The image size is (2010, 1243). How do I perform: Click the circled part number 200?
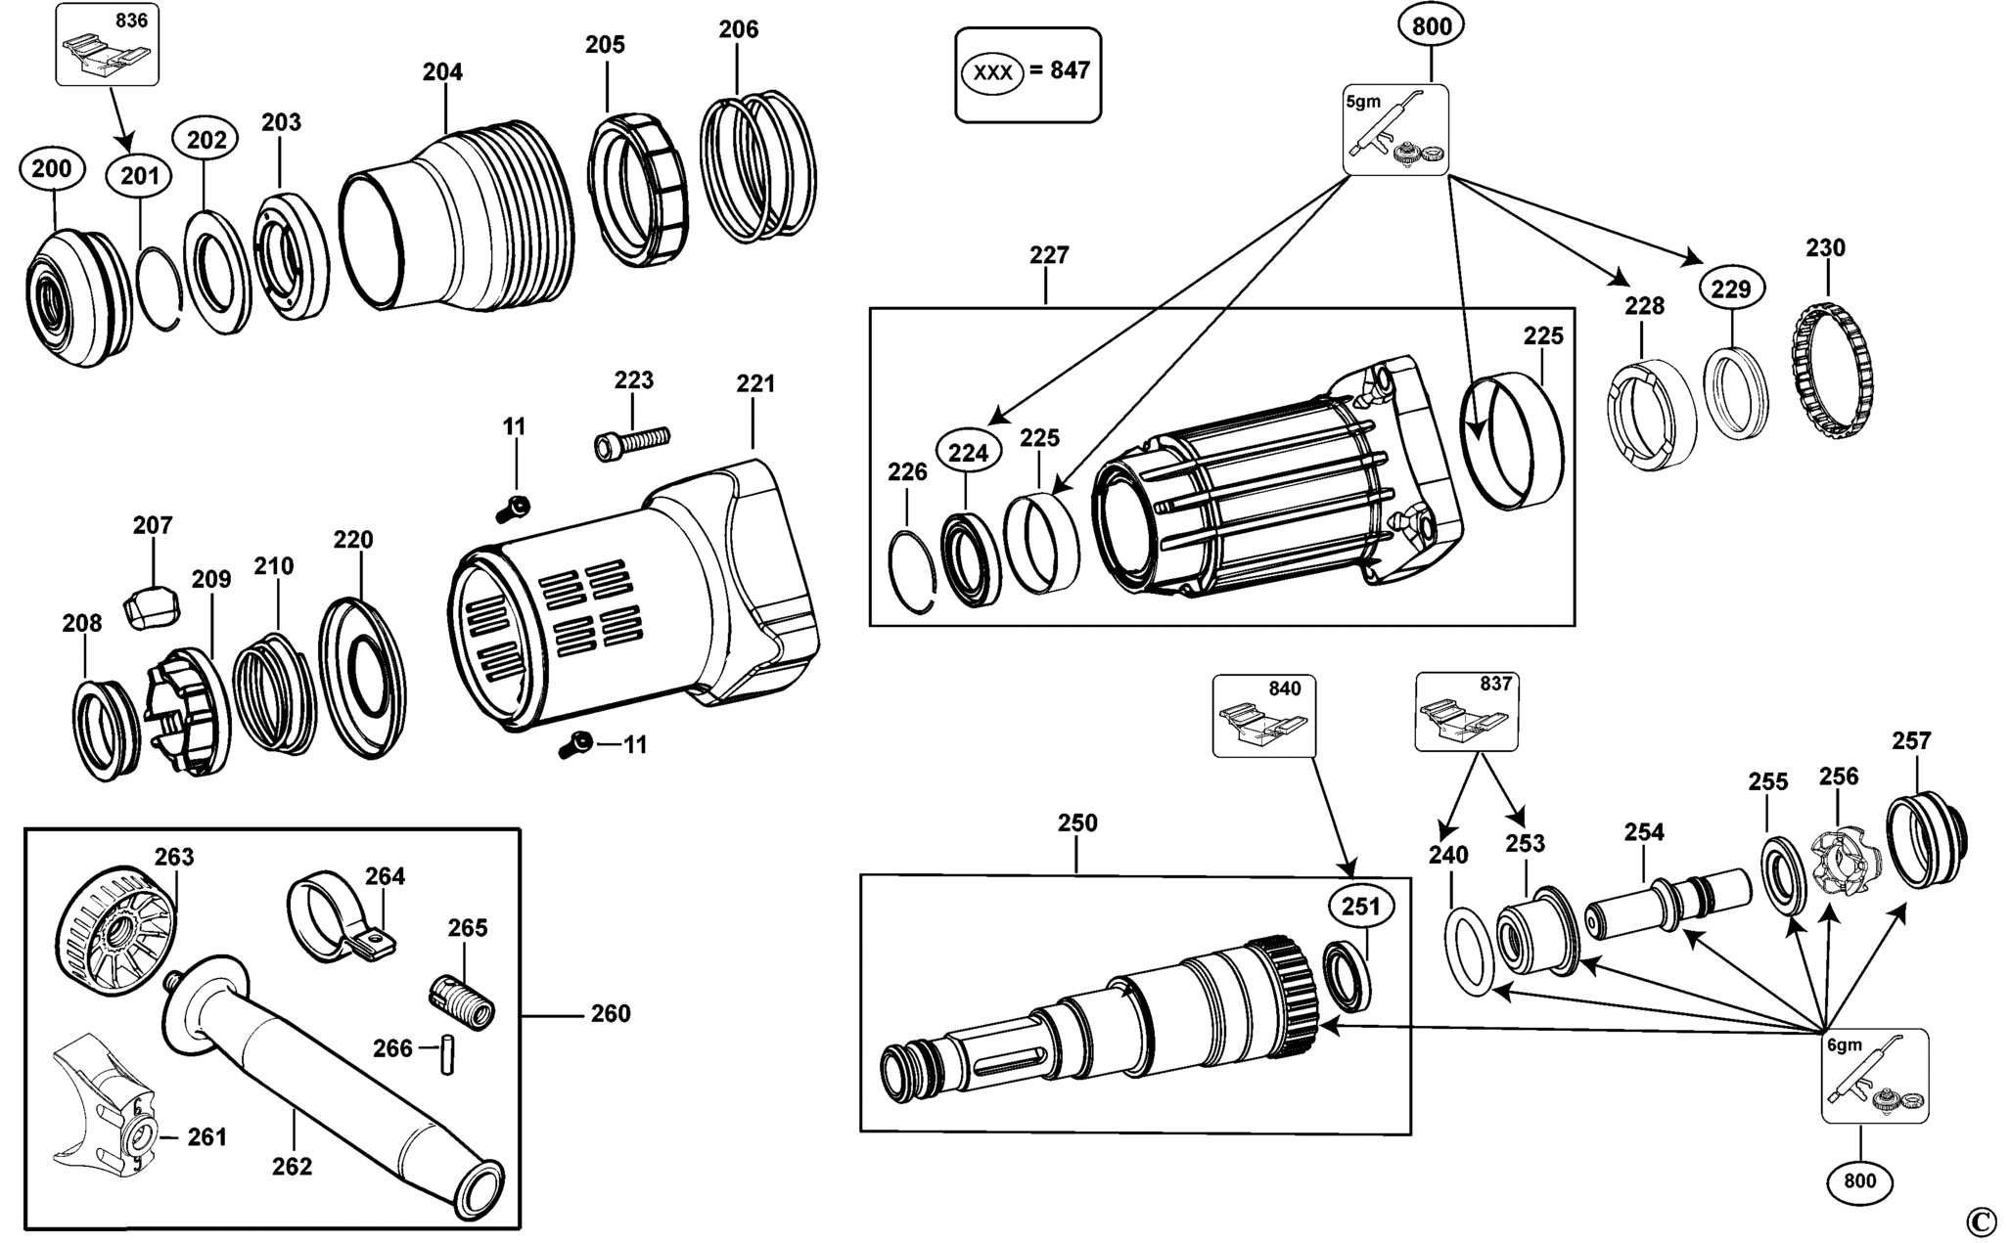point(51,168)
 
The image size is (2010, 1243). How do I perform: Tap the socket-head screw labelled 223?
point(631,440)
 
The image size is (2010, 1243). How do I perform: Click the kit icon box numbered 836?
point(107,44)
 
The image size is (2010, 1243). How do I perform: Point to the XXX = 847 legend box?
point(1028,74)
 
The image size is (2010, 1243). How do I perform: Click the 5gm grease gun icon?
point(1395,130)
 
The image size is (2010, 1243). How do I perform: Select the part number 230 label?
point(1825,248)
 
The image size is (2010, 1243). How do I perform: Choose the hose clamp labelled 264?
point(339,916)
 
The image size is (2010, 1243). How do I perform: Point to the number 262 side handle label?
point(292,1166)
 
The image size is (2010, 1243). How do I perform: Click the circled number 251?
point(1361,907)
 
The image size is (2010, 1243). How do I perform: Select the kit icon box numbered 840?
point(1263,716)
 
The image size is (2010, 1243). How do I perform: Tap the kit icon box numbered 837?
point(1466,711)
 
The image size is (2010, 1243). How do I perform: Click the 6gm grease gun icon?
point(1875,1076)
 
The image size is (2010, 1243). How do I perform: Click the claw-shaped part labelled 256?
point(1841,862)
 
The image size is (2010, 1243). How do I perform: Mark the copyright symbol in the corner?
point(1979,1221)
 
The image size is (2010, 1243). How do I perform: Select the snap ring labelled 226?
point(915,571)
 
